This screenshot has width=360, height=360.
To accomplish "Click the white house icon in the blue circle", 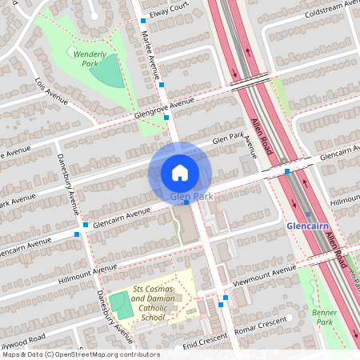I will point(180,172).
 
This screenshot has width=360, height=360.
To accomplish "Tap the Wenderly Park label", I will point(90,58).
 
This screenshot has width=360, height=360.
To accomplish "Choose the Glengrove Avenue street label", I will point(165,106).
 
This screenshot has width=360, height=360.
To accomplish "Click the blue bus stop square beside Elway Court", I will point(143,20).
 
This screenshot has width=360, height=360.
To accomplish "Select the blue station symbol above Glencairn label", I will point(307,214).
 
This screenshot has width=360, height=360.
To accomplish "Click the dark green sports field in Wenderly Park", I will point(106,71).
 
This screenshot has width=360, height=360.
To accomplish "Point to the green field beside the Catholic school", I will point(119,305).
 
